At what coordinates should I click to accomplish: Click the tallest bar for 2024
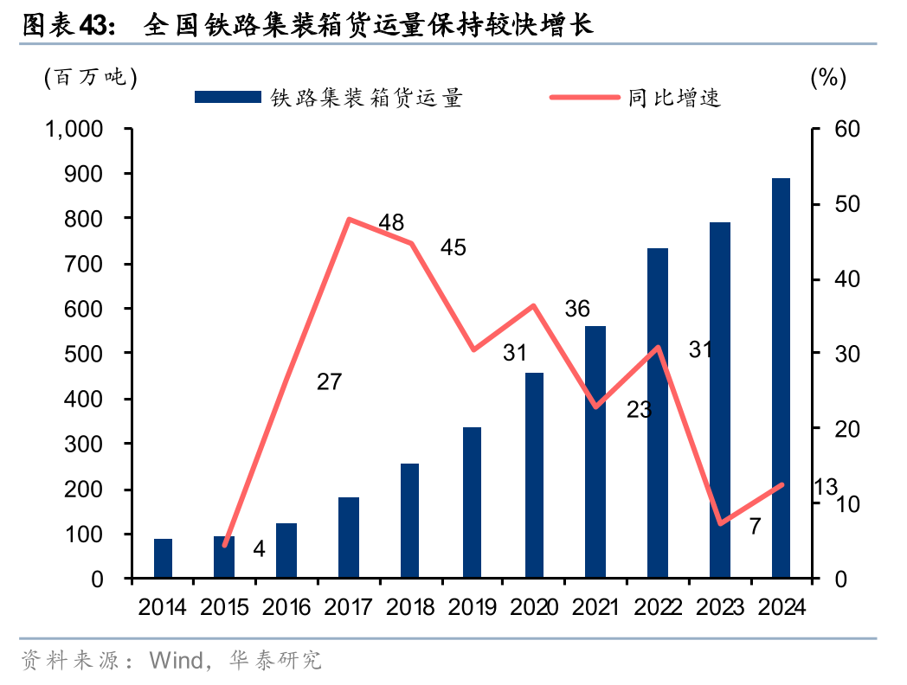(x=781, y=378)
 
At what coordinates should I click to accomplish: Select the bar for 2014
(x=163, y=558)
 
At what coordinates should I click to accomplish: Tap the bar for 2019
(x=472, y=503)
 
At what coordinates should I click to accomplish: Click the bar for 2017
(x=349, y=537)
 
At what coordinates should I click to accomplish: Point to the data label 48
(x=391, y=222)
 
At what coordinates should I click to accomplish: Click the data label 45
(x=453, y=247)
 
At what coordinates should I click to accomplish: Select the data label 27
(x=329, y=381)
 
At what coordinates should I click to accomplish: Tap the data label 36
(x=576, y=309)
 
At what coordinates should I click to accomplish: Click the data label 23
(x=639, y=410)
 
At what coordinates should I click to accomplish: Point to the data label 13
(x=826, y=488)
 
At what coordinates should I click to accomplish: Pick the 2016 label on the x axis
(x=286, y=607)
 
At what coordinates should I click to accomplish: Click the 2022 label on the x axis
(x=657, y=607)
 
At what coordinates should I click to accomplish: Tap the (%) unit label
(x=827, y=77)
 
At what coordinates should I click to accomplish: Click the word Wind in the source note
(x=176, y=661)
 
